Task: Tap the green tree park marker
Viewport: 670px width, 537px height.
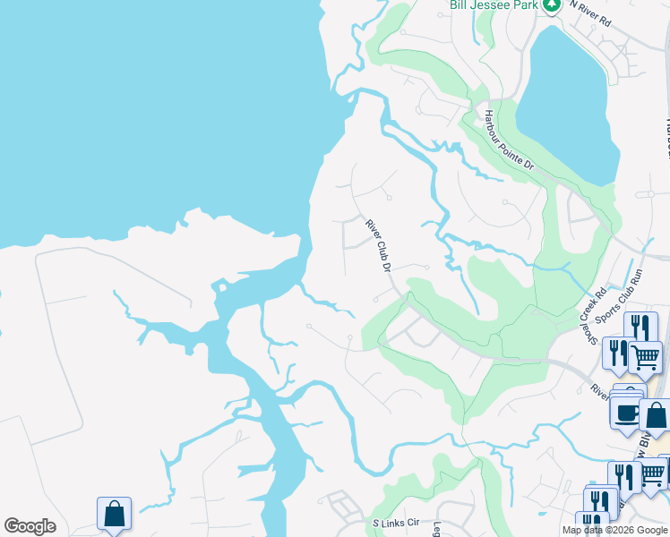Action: (552, 4)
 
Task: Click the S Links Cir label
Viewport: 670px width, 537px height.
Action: (395, 522)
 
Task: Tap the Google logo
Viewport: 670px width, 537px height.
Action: (30, 526)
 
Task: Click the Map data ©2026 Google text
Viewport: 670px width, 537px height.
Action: (614, 530)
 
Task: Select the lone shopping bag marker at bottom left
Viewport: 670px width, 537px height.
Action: (114, 515)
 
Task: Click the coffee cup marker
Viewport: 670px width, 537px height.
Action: (626, 412)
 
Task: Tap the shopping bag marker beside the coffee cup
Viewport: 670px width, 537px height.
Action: (657, 416)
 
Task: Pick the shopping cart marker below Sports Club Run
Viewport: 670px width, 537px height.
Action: (645, 357)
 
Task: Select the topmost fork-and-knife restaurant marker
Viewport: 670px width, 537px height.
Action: (640, 328)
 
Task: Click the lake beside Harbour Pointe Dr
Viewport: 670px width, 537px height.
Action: (566, 98)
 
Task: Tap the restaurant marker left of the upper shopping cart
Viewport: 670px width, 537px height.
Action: (618, 354)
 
